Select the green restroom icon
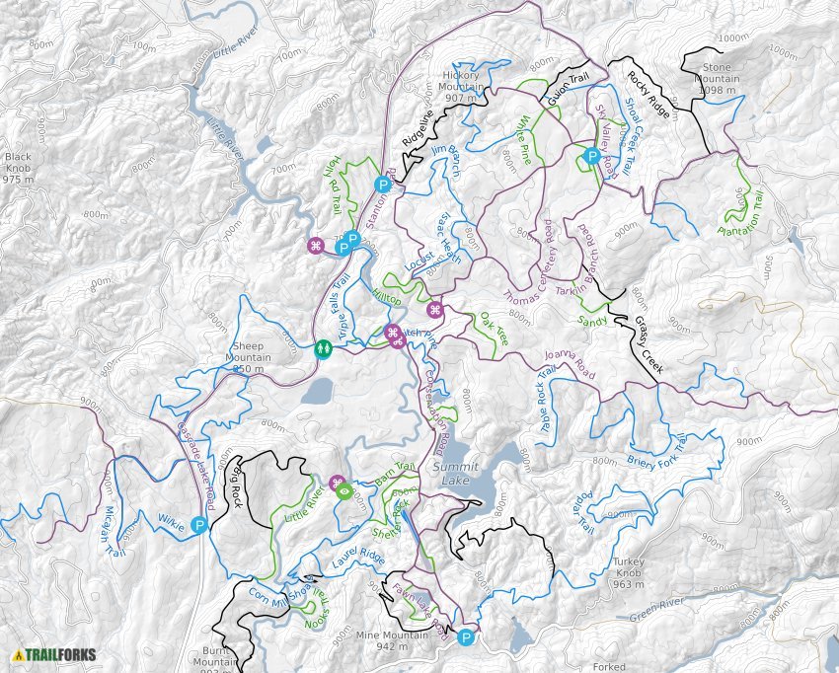323,348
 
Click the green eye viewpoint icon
344,489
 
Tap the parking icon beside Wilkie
198,526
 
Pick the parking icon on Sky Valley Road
591,155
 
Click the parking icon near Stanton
382,184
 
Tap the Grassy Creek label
648,345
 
